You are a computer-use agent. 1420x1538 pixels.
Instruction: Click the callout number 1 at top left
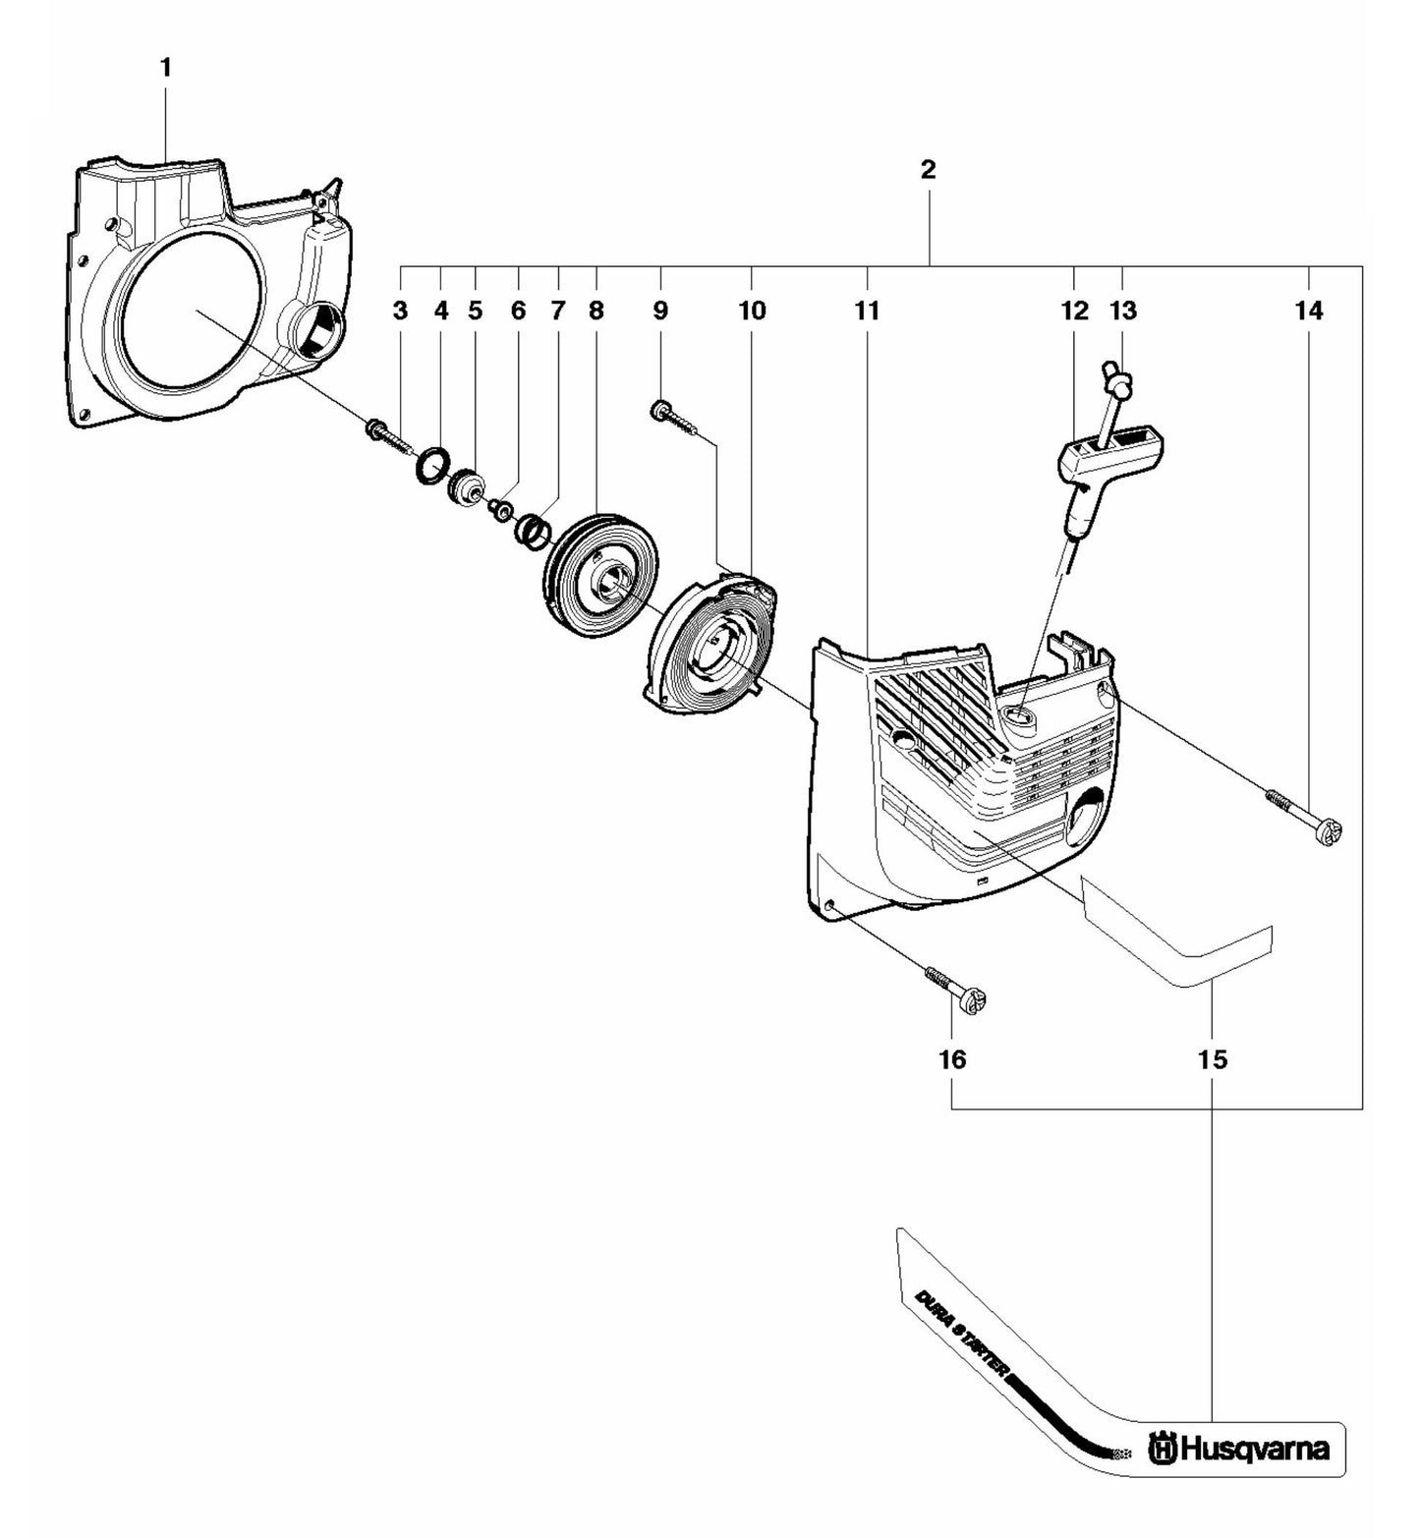click(x=165, y=68)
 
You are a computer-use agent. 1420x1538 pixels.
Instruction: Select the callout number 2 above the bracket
click(x=928, y=169)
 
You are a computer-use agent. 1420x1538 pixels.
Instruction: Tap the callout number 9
click(x=660, y=312)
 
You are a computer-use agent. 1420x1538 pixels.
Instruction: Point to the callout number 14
click(x=1309, y=312)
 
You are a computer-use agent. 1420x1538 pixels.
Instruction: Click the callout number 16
click(x=952, y=1059)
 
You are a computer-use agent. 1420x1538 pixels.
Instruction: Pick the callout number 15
click(x=1213, y=1059)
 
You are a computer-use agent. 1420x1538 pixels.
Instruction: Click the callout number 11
click(x=866, y=312)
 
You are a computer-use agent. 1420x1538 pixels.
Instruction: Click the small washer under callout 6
click(x=502, y=509)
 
